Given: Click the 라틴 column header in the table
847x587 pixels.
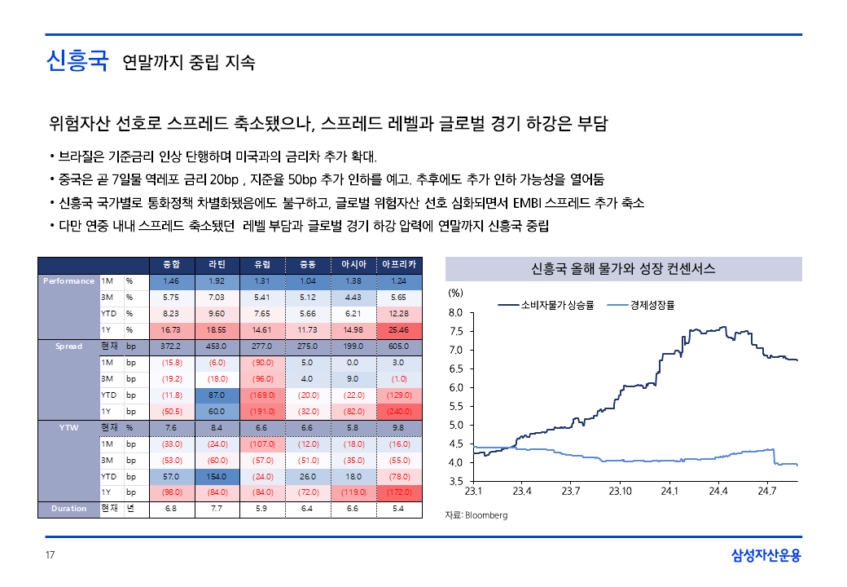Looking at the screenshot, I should pos(217,264).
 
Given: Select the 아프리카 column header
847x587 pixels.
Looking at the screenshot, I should pos(399,264).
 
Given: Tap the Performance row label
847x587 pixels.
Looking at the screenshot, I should pos(68,280).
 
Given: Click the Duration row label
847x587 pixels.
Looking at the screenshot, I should pos(68,509).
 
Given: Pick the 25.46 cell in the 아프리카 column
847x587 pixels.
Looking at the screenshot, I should pos(399,329).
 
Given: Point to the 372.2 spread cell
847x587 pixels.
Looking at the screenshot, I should pos(171,346).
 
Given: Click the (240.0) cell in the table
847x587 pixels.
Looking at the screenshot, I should pos(399,411).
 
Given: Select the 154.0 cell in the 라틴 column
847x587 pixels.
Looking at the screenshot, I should pos(217,476).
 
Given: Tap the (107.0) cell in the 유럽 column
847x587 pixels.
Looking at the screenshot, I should pos(262,444).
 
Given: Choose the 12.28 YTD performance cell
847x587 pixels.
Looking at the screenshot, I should pos(399,313).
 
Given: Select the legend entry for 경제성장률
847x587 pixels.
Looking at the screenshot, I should pos(652,305).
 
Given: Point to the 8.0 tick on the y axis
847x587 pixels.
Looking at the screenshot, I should pos(455,312).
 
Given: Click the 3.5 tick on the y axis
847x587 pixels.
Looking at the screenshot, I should pos(455,482).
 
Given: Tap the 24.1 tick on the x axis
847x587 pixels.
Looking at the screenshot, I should pos(669,492).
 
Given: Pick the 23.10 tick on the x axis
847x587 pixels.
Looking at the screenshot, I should pos(621,492).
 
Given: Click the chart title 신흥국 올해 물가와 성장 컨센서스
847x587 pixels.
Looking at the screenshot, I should pos(623,268).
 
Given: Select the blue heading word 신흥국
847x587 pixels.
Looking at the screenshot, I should pos(77,61).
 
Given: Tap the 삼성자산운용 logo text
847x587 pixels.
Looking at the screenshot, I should pos(766,556).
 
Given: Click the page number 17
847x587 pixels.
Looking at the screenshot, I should pos(50,556).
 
